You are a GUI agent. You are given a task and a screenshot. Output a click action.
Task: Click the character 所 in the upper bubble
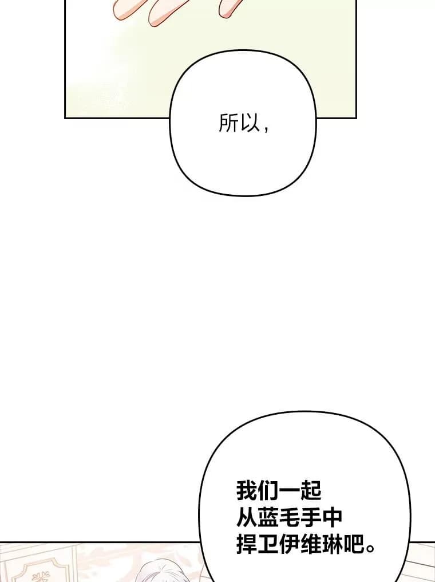[x=228, y=123]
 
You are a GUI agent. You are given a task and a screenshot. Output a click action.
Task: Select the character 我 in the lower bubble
[x=247, y=491]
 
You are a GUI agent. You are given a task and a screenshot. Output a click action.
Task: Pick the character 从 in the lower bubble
[x=247, y=518]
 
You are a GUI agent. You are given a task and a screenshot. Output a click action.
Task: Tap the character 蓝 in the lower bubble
[x=268, y=518]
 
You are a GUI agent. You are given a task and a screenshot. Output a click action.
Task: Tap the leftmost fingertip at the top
[x=122, y=11]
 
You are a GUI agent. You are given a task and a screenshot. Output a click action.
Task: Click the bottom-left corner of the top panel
[x=65, y=117]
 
